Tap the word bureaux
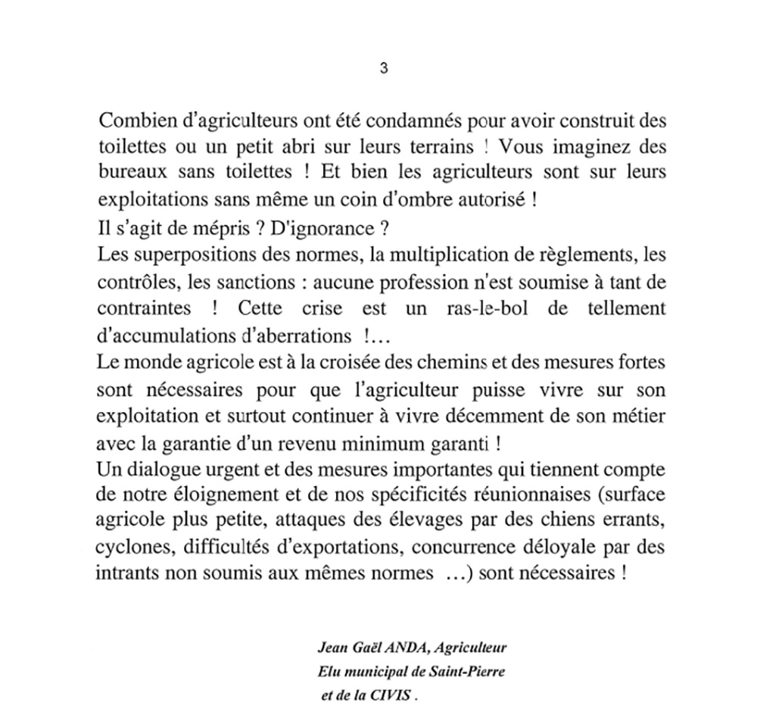126,172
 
